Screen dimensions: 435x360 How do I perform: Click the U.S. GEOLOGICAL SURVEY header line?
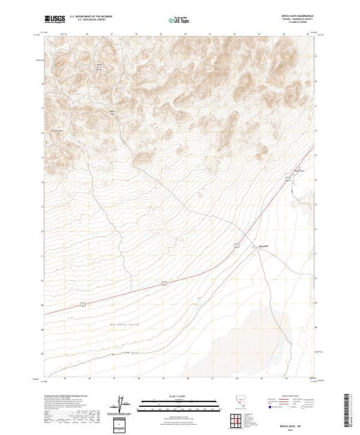[x=89, y=20]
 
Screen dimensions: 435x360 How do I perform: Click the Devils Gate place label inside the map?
[x=262, y=245]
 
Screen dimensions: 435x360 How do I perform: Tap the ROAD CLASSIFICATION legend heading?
[x=287, y=397]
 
